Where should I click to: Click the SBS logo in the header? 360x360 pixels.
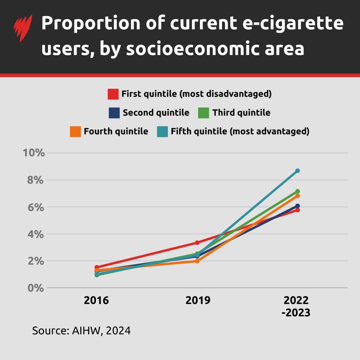coord(23,28)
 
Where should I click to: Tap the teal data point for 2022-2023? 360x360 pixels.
coord(297,171)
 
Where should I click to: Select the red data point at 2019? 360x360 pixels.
coord(197,243)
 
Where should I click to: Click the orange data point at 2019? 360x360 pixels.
coord(197,261)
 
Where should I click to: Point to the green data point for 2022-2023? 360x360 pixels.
coord(297,191)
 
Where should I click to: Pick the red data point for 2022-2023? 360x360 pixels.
coord(297,210)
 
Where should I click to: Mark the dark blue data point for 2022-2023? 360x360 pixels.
coord(297,206)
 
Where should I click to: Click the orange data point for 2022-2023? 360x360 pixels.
coord(297,196)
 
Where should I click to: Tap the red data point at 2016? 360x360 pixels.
coord(97,267)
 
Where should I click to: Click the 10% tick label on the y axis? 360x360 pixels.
coord(33,153)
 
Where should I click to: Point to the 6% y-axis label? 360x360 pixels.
coord(36,207)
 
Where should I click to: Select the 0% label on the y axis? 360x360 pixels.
coord(36,288)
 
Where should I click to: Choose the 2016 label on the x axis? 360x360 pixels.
coord(96,300)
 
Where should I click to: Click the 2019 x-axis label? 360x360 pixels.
coord(198,300)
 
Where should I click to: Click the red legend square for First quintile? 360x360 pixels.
coord(113,94)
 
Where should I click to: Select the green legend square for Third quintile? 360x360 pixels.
coord(204,113)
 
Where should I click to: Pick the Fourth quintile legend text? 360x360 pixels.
coord(116,131)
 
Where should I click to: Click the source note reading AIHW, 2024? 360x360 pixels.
coord(81,331)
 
